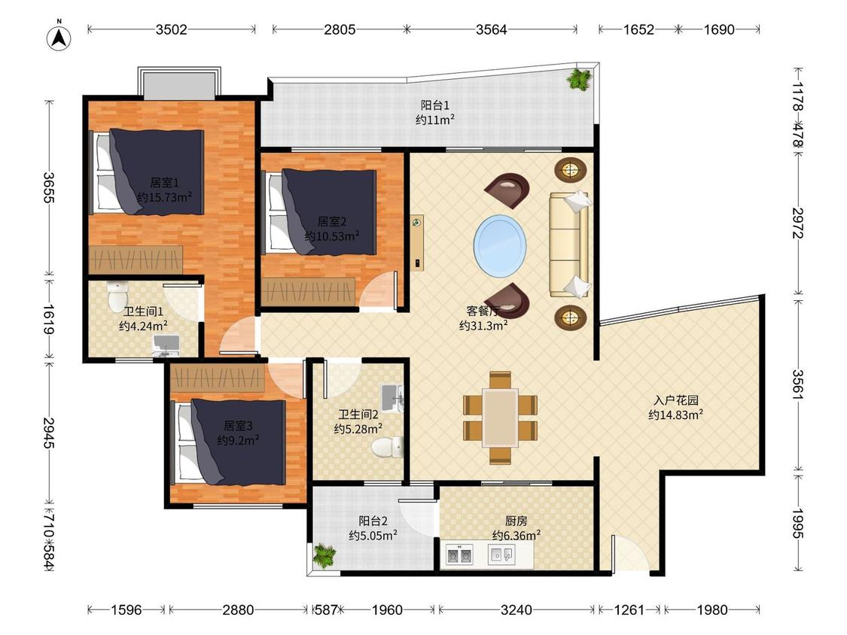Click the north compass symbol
(x=59, y=37)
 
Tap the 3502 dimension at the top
(x=171, y=29)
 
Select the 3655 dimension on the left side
(x=49, y=187)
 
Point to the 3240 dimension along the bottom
(x=516, y=609)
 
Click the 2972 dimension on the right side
(x=798, y=223)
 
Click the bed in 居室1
(x=148, y=172)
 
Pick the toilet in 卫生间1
(x=116, y=296)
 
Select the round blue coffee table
(x=500, y=246)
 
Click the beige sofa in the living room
(x=570, y=245)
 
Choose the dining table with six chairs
(x=500, y=418)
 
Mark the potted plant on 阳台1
(x=580, y=80)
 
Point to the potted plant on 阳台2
(x=324, y=556)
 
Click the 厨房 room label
(x=516, y=521)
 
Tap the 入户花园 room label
(x=676, y=400)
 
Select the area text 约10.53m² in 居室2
(x=332, y=236)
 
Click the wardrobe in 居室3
(x=217, y=377)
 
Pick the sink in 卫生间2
(x=392, y=398)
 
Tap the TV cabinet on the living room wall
(x=416, y=242)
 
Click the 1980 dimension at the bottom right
(x=712, y=609)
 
